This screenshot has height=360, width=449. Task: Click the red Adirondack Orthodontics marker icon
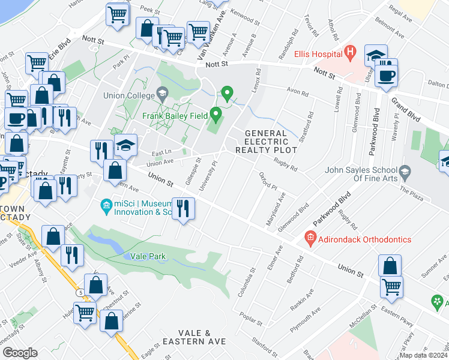pyautogui.click(x=310, y=239)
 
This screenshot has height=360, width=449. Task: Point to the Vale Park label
pyautogui.click(x=148, y=256)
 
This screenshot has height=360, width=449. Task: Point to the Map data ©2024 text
pyautogui.click(x=423, y=355)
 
